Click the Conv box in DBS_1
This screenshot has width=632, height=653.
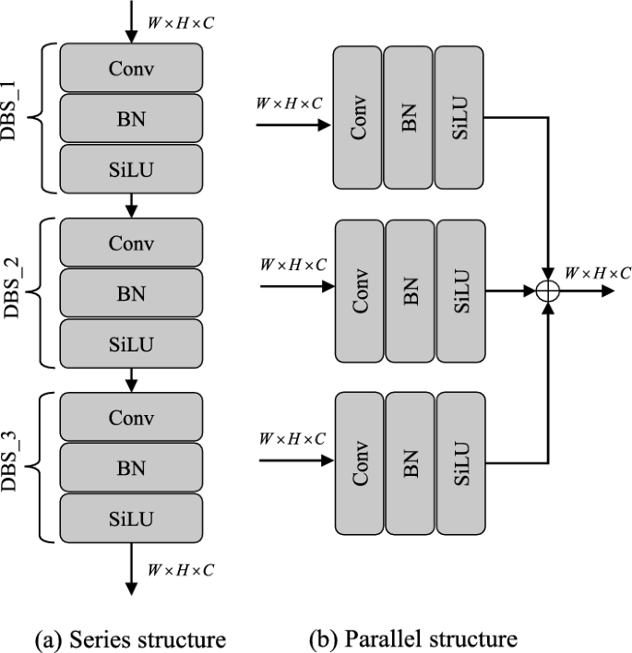(x=131, y=67)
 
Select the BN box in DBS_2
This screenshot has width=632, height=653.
(x=131, y=294)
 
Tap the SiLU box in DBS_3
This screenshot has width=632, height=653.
(x=131, y=519)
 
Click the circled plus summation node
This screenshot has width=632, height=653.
(x=550, y=290)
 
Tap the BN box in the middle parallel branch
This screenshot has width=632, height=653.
(x=411, y=290)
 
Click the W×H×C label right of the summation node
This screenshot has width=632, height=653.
(x=598, y=272)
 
